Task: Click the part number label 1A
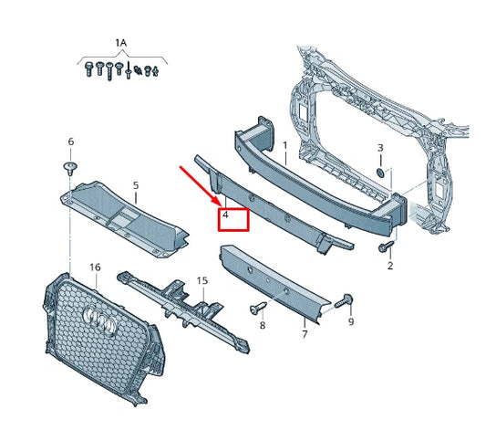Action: tap(121, 43)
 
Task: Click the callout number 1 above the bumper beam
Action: tap(284, 145)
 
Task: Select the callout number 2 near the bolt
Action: tap(389, 266)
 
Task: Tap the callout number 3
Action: tap(380, 148)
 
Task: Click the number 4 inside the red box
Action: tap(225, 219)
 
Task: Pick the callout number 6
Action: tap(70, 142)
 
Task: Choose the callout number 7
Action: tap(305, 334)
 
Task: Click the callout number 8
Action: tap(263, 325)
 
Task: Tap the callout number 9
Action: tap(351, 321)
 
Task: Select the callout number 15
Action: tap(202, 281)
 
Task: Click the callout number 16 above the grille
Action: tap(94, 267)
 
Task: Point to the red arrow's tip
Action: tap(219, 203)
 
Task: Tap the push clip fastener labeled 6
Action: tap(70, 167)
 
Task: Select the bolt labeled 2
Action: tap(386, 246)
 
